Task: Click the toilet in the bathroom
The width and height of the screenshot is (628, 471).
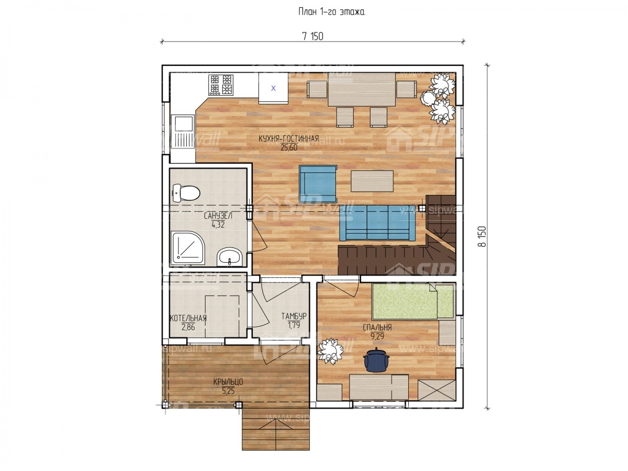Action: click(186, 193)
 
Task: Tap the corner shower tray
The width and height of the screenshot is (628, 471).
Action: click(188, 248)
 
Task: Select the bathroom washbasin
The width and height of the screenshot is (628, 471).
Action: click(229, 256)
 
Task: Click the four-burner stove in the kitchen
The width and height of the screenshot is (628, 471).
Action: click(221, 85)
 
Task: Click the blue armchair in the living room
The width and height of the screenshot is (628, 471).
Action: click(318, 184)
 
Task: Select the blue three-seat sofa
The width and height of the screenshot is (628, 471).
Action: click(377, 222)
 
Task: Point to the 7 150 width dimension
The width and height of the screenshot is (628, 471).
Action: click(313, 37)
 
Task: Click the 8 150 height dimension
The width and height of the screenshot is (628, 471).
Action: click(482, 236)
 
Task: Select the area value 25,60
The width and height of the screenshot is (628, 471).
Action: click(289, 148)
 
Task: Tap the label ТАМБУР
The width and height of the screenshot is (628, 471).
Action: click(294, 316)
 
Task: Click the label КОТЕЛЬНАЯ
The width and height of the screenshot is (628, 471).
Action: click(188, 318)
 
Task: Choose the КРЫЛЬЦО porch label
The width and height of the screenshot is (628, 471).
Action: click(228, 382)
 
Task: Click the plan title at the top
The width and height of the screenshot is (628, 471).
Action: click(332, 12)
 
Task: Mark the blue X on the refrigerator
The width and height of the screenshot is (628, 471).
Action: click(273, 88)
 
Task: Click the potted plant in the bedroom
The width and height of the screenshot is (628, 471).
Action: click(330, 351)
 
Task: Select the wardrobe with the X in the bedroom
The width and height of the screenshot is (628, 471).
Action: click(436, 390)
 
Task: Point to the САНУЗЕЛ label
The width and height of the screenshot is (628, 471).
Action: click(218, 216)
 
